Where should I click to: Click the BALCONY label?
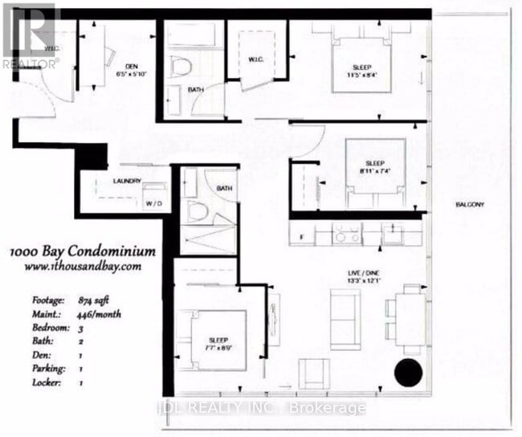[471, 205]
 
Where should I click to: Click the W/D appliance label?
[153, 203]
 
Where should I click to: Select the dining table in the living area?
[410, 320]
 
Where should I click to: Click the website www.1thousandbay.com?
[84, 265]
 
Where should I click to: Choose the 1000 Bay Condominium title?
[84, 251]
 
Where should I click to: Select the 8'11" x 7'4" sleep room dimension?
[374, 171]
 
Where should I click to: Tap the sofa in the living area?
[345, 321]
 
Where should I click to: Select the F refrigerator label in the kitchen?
[300, 236]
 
